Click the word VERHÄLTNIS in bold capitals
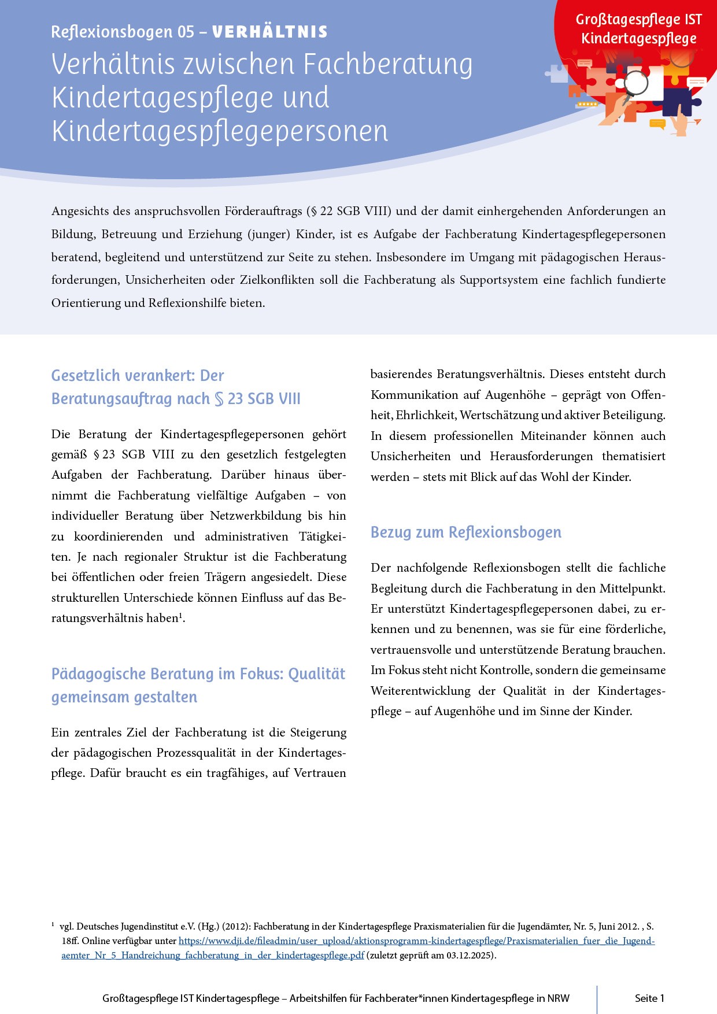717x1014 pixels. click(x=269, y=32)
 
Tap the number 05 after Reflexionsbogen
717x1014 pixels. click(x=186, y=32)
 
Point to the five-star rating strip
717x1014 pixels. click(x=587, y=104)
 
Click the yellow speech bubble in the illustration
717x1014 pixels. click(x=657, y=123)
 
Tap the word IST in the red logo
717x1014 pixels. click(x=693, y=20)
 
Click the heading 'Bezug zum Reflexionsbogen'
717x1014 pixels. click(x=465, y=532)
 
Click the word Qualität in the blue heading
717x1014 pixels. click(x=316, y=673)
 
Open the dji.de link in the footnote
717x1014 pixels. click(x=416, y=941)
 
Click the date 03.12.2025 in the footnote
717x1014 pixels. click(x=470, y=955)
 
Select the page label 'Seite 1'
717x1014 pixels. click(x=649, y=998)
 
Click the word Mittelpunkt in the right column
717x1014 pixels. click(x=632, y=589)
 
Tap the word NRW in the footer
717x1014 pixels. click(x=559, y=998)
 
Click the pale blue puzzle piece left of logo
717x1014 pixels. click(x=557, y=73)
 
